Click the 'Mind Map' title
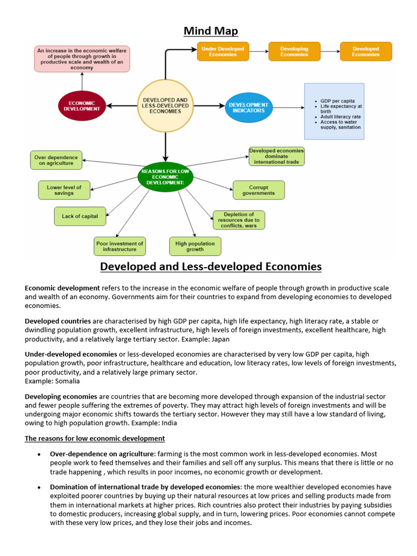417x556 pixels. tap(211, 30)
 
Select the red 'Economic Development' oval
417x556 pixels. tap(81, 105)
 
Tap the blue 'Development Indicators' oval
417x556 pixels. tap(248, 108)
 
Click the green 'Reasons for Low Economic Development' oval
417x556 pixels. tap(165, 177)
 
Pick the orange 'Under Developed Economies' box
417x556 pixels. tap(223, 52)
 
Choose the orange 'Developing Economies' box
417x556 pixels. tap(294, 52)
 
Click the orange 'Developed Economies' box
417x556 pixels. tap(365, 52)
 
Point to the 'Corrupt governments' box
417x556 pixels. tap(258, 190)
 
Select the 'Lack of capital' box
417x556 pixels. tap(80, 216)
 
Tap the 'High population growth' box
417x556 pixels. tap(195, 247)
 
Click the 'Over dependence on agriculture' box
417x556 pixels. tap(56, 160)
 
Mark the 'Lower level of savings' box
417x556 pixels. tap(64, 190)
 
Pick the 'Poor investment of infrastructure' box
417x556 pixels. tap(120, 247)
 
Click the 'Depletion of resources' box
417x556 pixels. tap(238, 220)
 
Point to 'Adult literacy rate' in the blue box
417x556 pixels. tap(340, 117)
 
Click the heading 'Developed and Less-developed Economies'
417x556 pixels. tap(211, 267)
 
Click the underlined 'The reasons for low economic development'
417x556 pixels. tap(95, 438)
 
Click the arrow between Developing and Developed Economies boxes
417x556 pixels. tap(329, 52)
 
